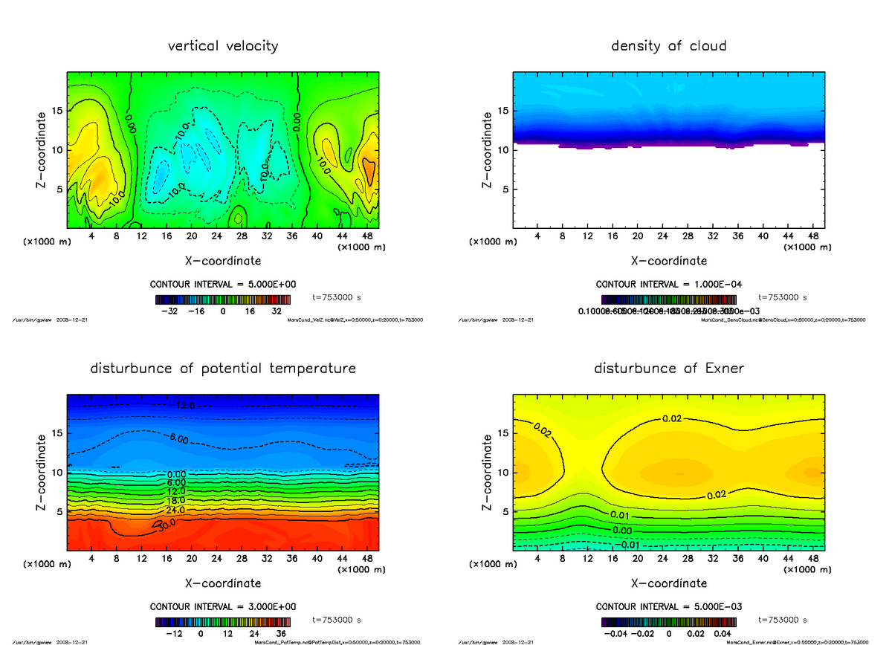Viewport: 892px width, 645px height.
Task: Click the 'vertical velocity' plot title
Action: (223, 46)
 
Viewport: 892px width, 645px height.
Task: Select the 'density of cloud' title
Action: (668, 46)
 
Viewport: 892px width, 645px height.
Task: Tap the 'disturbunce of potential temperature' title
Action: (223, 369)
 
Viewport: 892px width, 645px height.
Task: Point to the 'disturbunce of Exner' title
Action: (668, 369)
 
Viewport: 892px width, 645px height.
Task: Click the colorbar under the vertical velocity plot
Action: (223, 299)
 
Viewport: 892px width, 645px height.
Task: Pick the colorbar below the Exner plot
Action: (668, 621)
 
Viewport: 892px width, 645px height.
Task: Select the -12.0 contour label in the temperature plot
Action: (183, 406)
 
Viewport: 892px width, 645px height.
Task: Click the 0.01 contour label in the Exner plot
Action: (621, 516)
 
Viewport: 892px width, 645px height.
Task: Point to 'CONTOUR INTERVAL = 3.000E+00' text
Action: (223, 606)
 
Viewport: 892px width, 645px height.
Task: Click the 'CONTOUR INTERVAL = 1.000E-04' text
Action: (668, 284)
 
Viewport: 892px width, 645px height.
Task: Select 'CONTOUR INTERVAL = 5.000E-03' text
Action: (668, 606)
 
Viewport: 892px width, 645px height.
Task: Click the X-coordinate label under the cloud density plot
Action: (668, 261)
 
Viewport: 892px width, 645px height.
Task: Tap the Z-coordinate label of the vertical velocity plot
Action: (43, 149)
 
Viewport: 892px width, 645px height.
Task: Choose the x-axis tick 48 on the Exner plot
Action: (812, 558)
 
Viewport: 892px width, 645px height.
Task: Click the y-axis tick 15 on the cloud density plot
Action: (503, 111)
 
